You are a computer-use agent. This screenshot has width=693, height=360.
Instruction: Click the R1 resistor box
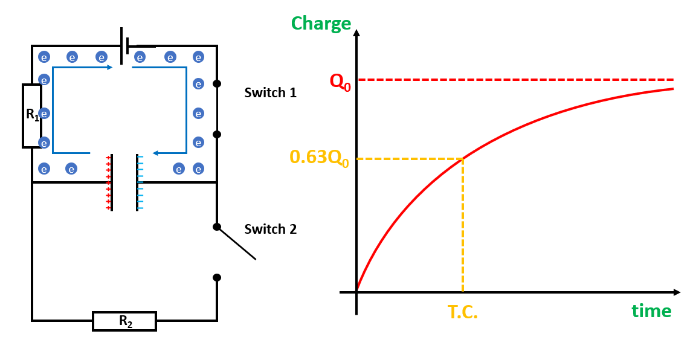click(31, 116)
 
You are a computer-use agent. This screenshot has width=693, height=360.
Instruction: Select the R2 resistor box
click(124, 321)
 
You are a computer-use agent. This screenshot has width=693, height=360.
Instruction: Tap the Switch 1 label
click(270, 93)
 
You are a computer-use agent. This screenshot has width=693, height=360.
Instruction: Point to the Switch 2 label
click(270, 230)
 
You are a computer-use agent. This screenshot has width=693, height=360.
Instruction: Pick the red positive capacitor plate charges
click(108, 183)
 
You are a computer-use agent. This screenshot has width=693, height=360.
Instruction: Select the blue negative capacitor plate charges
click(141, 183)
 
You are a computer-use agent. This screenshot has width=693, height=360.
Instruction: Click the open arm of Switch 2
click(237, 243)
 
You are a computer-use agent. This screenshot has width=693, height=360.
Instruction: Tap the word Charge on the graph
click(321, 24)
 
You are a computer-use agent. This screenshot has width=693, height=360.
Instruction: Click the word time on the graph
click(651, 311)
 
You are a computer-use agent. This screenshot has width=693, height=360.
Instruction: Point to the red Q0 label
click(339, 81)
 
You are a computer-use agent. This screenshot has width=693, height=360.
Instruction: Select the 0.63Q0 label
click(319, 158)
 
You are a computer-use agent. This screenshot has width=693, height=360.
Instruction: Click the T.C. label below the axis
click(463, 312)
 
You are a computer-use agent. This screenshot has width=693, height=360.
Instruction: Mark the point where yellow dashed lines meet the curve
click(463, 159)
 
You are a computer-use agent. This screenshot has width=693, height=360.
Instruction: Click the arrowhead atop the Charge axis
click(357, 33)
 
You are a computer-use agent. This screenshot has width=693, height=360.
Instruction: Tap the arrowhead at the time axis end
click(677, 292)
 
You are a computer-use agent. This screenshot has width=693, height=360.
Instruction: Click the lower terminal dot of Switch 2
click(217, 277)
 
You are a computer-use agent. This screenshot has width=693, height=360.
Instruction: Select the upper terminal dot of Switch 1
click(217, 83)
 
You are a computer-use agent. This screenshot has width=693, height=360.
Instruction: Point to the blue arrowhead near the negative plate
click(155, 153)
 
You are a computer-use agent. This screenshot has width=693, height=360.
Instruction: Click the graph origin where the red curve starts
click(357, 292)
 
